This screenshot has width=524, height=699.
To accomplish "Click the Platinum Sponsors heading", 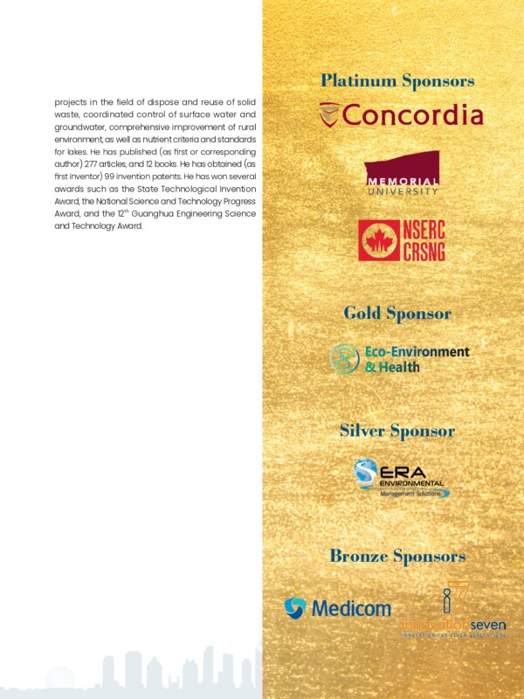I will coord(397,81).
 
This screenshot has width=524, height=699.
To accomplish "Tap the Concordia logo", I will coord(401,114).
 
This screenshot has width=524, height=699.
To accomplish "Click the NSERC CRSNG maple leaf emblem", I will coord(377,240).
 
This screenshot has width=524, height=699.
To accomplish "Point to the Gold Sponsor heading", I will coord(397,313).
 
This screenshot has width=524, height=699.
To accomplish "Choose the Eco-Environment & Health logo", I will coord(399,358).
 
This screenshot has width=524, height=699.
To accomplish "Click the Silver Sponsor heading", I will coord(397,431).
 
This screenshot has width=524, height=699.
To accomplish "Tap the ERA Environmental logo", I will coord(402,479).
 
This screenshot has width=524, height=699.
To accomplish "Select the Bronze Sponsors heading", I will coord(397,557).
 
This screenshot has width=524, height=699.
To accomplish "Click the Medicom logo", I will coord(338,608).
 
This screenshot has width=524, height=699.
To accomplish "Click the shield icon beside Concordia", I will coord(329,114).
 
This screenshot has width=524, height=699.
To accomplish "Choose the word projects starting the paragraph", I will coord(72,101).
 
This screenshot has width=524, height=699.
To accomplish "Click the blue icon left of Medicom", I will coord(295,608).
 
